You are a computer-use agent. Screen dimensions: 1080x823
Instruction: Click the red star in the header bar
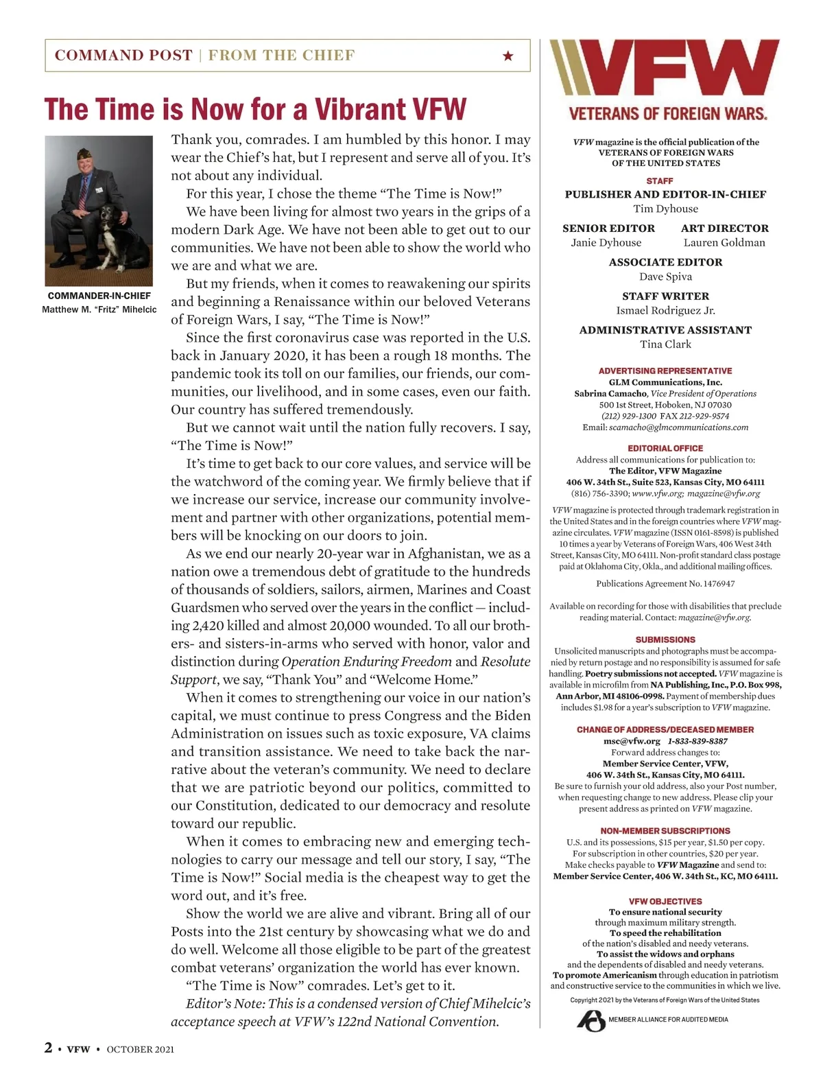pos(508,56)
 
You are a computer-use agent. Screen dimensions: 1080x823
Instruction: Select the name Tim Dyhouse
pos(665,209)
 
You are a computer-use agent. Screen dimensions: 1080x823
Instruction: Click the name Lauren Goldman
pos(724,242)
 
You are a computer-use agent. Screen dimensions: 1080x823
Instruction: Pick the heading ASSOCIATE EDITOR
pos(665,262)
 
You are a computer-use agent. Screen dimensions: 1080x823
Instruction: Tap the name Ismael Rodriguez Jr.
pos(665,310)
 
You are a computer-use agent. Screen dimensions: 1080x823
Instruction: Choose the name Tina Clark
pos(665,344)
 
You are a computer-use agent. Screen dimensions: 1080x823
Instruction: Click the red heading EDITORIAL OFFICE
pos(665,448)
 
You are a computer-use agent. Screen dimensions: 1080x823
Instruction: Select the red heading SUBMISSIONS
pos(665,639)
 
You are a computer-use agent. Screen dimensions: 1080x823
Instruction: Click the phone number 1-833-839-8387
pos(697,741)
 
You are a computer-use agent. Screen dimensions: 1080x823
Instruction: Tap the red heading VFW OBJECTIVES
pos(665,901)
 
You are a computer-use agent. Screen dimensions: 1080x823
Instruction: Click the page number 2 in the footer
pos(48,1048)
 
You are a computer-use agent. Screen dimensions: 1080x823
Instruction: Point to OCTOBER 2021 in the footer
pos(140,1049)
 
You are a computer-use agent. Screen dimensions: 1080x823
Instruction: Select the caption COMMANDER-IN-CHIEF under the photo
pos(99,296)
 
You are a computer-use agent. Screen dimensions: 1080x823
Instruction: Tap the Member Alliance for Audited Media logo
pos(591,1020)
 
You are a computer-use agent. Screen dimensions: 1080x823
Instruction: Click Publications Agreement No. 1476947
pos(665,584)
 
